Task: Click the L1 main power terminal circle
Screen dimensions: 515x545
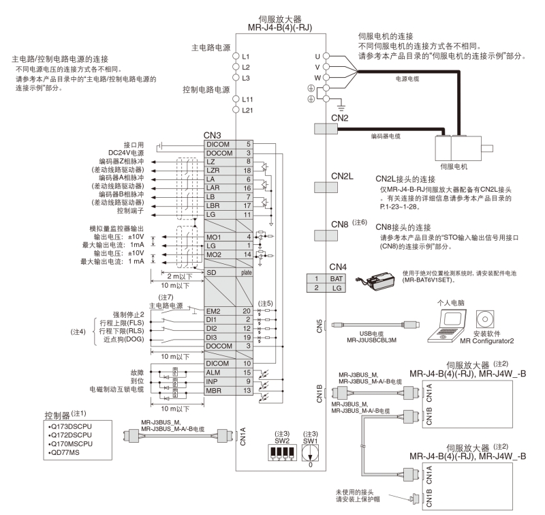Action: pyautogui.click(x=236, y=54)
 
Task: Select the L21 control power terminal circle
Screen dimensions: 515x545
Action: pyautogui.click(x=236, y=110)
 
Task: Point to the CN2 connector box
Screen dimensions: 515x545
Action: pyautogui.click(x=328, y=129)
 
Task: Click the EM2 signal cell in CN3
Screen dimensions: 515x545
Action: pyautogui.click(x=222, y=310)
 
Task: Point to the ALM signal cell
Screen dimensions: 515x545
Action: pyautogui.click(x=222, y=372)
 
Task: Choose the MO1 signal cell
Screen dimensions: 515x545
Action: pyautogui.click(x=222, y=235)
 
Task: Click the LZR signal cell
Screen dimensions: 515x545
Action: pyautogui.click(x=222, y=169)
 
